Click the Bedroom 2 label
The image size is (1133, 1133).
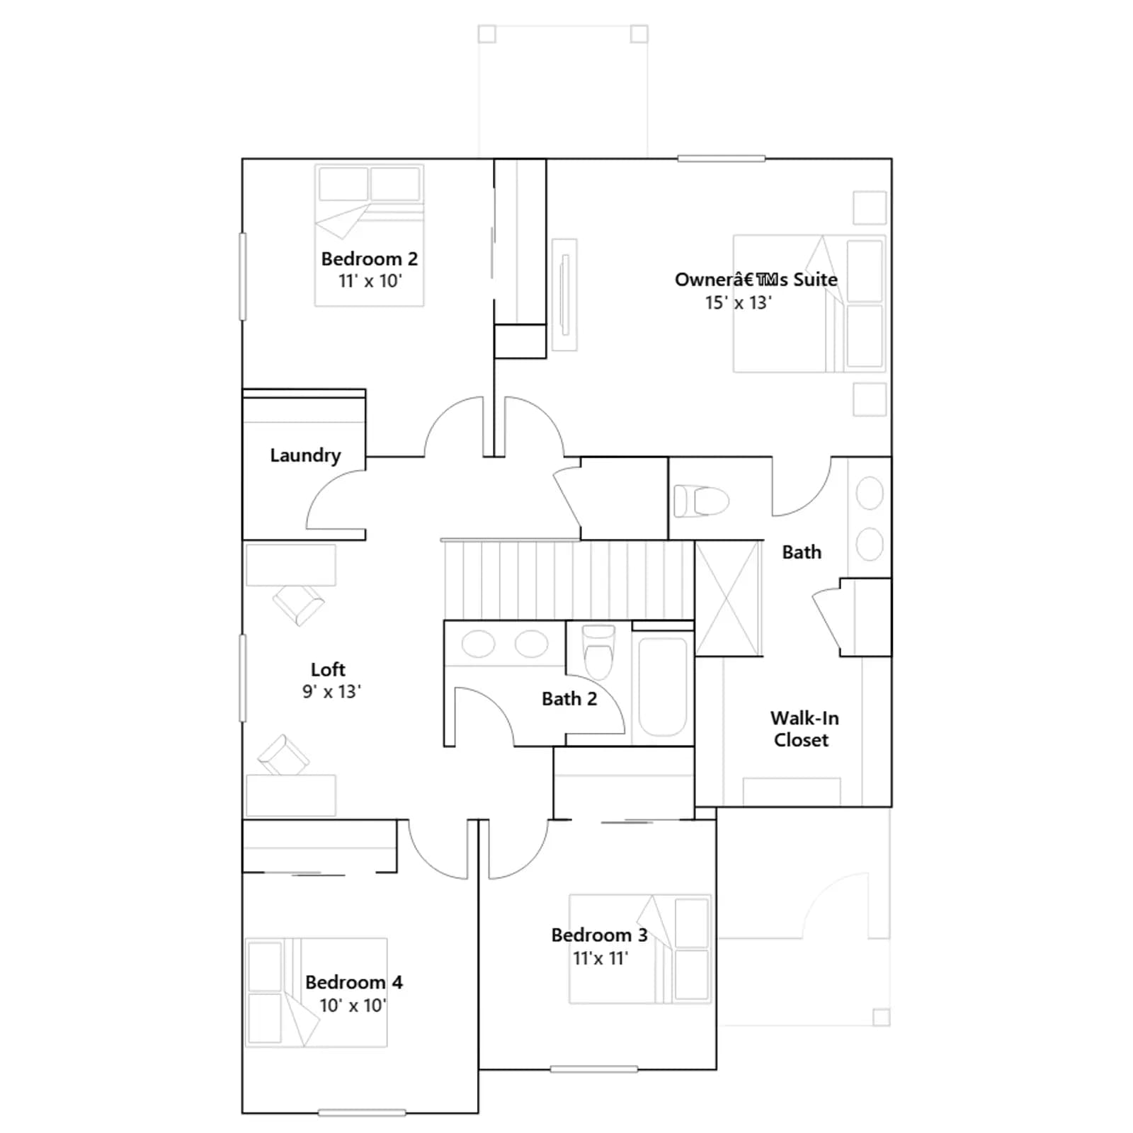pyautogui.click(x=369, y=259)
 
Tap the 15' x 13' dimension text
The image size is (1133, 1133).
pyautogui.click(x=738, y=302)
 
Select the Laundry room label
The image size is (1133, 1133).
pyautogui.click(x=305, y=455)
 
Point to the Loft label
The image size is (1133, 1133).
pyautogui.click(x=328, y=669)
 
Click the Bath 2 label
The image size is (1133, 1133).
pyautogui.click(x=569, y=699)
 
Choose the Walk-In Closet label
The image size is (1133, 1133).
pyautogui.click(x=804, y=729)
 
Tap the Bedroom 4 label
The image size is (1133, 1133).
pyautogui.click(x=353, y=982)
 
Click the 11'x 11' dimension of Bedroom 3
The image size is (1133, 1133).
pyautogui.click(x=600, y=958)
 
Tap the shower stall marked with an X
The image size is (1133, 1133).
pyautogui.click(x=729, y=598)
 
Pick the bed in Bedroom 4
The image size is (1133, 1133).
pyautogui.click(x=317, y=993)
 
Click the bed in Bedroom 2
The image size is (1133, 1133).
pyautogui.click(x=370, y=235)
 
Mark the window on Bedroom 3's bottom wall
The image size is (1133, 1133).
pyautogui.click(x=594, y=1069)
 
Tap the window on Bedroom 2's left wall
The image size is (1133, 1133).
pyautogui.click(x=243, y=276)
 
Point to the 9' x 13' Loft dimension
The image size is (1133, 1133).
pyautogui.click(x=331, y=691)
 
